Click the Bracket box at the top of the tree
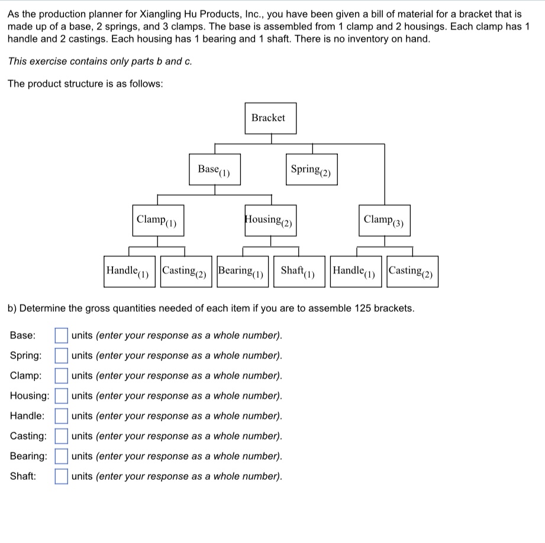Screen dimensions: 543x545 click(268, 118)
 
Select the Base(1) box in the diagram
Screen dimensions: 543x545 click(214, 170)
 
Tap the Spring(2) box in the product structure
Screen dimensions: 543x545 click(311, 170)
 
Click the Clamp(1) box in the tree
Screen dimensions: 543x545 click(157, 220)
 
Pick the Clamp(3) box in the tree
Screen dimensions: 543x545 click(385, 220)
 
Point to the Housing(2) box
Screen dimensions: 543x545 click(270, 220)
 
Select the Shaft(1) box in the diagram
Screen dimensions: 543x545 click(299, 271)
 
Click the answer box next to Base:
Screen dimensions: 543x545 click(62, 336)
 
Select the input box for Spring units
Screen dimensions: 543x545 click(62, 356)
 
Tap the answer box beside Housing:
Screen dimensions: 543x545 click(62, 396)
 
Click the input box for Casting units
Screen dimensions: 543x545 click(62, 436)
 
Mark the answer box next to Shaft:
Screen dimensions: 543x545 click(62, 476)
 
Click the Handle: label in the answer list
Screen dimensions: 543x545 click(27, 416)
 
